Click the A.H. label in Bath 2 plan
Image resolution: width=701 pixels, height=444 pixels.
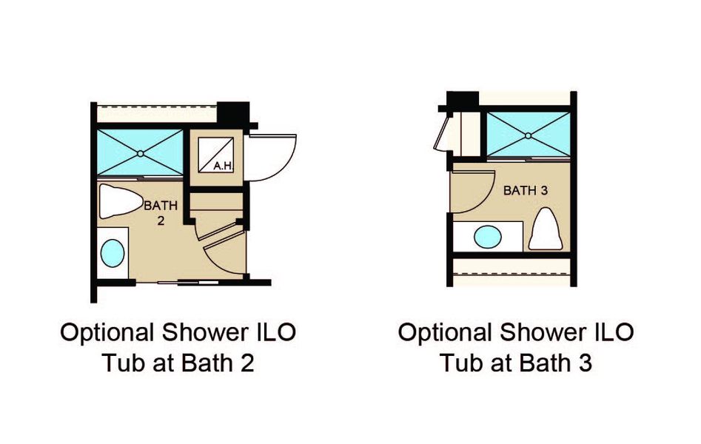(x=223, y=166)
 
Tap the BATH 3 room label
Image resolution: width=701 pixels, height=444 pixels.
(x=525, y=191)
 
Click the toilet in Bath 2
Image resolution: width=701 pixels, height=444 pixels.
(x=121, y=201)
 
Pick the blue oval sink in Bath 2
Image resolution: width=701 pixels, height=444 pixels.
(x=113, y=252)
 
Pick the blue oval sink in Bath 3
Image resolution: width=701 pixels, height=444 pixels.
(x=487, y=238)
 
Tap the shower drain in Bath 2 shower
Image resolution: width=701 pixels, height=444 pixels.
(x=141, y=153)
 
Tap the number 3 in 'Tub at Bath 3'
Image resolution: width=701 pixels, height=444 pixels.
(x=585, y=363)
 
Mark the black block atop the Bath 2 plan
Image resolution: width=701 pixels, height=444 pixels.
(x=235, y=112)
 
